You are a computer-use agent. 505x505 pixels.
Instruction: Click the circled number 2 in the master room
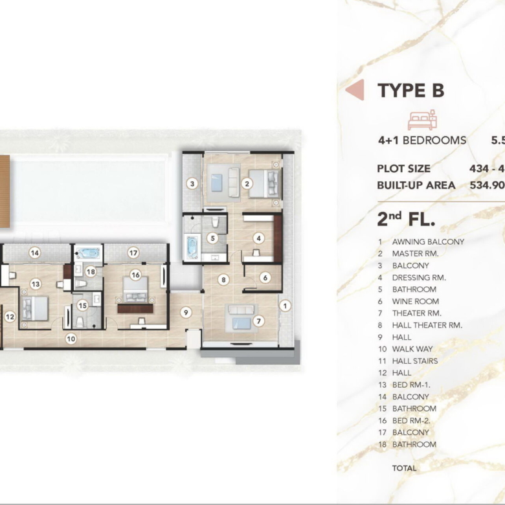pyautogui.click(x=247, y=184)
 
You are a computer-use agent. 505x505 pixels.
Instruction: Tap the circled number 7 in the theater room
pyautogui.click(x=258, y=320)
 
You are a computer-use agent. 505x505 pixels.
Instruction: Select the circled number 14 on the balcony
pyautogui.click(x=35, y=252)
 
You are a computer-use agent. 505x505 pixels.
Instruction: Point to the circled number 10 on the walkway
pyautogui.click(x=71, y=339)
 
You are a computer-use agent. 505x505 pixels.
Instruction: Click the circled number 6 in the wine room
pyautogui.click(x=265, y=278)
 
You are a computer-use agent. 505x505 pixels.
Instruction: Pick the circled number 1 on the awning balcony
pyautogui.click(x=285, y=306)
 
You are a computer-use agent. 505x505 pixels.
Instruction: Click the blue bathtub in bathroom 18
pyautogui.click(x=88, y=253)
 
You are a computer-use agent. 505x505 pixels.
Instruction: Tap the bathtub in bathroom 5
pyautogui.click(x=192, y=247)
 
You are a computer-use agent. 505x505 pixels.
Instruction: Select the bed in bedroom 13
pyautogui.click(x=34, y=308)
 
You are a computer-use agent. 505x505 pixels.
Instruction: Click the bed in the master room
pyautogui.click(x=264, y=184)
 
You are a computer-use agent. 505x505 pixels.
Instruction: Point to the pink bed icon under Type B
pyautogui.click(x=422, y=120)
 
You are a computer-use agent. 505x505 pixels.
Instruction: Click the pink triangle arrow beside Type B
pyautogui.click(x=355, y=90)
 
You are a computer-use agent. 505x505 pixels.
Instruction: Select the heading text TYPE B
pyautogui.click(x=411, y=90)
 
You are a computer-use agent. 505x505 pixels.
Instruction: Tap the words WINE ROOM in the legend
pyautogui.click(x=416, y=302)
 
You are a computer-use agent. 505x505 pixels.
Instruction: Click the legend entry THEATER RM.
pyautogui.click(x=417, y=313)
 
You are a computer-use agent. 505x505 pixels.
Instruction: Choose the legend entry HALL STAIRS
pyautogui.click(x=415, y=361)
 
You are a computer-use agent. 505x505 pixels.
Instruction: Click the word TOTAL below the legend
pyautogui.click(x=404, y=468)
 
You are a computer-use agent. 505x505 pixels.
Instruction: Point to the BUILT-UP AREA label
pyautogui.click(x=416, y=186)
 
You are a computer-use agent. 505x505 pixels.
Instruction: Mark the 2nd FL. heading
pyautogui.click(x=406, y=219)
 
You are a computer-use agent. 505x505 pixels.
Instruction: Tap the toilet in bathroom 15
pyautogui.click(x=80, y=322)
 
